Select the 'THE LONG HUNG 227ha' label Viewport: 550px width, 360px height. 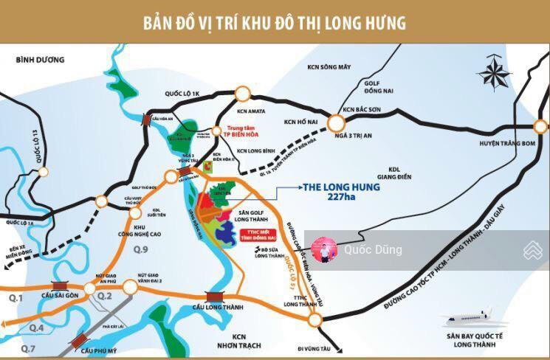342,191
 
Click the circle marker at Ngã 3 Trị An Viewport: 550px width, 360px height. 337,122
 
